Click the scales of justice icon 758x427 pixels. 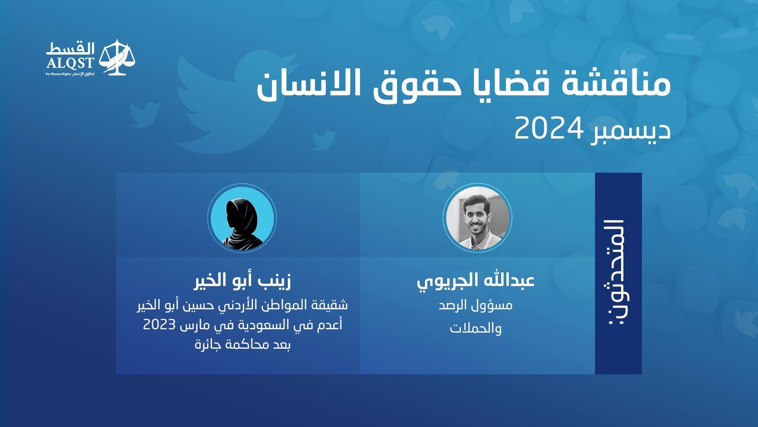pyautogui.click(x=117, y=57)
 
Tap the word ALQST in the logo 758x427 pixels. pyautogui.click(x=71, y=63)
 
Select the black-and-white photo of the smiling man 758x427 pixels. pyautogui.click(x=477, y=218)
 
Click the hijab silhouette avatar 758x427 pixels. pyautogui.click(x=242, y=218)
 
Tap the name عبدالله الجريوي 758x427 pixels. pyautogui.click(x=476, y=282)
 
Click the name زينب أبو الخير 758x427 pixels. pyautogui.click(x=242, y=282)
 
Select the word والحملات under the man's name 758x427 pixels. pyautogui.click(x=476, y=328)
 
